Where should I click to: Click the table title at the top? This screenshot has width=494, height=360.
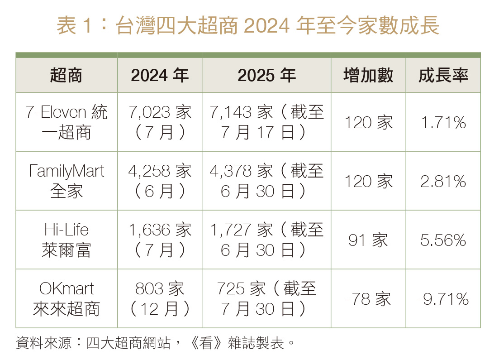coord(248,25)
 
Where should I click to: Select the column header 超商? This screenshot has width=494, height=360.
coord(66,75)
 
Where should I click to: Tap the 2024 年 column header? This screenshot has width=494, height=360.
coord(160,75)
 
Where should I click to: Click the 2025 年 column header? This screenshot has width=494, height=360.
coord(267,75)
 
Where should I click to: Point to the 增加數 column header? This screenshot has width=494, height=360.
coord(368,75)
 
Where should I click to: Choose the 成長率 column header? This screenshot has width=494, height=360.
coord(443,75)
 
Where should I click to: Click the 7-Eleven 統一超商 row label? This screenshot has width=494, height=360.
coord(66,122)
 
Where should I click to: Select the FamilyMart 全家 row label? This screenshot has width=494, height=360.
coord(66,181)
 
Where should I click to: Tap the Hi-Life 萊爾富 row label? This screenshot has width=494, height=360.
coord(66,240)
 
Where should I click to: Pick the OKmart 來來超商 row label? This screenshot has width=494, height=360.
coord(66,298)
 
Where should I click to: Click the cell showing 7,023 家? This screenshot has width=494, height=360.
coord(160,122)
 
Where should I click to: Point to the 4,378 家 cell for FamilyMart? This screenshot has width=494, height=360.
coord(267,181)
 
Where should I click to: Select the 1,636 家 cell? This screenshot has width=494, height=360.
coord(160,240)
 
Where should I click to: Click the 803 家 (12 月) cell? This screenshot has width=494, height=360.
coord(160,298)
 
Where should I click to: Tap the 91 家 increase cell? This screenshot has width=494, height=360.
coord(368,240)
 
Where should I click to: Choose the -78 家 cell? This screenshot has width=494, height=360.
coord(368,299)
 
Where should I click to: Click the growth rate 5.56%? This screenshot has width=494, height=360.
coord(443,240)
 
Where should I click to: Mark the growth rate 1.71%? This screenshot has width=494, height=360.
coord(443,122)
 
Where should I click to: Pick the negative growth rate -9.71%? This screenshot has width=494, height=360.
coord(443,299)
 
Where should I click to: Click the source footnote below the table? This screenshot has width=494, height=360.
coord(155,343)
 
